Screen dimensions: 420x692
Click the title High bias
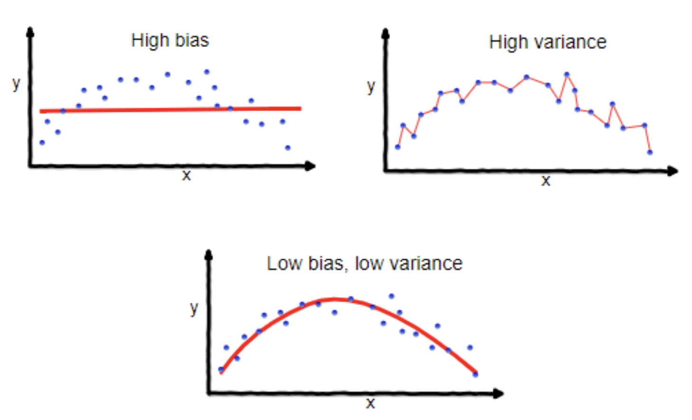tap(170, 40)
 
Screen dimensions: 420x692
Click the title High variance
tap(547, 42)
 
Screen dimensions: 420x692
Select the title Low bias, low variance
tap(364, 264)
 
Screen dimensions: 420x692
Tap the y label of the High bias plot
tap(17, 84)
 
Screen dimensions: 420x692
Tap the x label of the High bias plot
tap(187, 175)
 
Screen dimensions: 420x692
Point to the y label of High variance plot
tap(371, 86)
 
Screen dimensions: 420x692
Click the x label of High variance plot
tap(546, 181)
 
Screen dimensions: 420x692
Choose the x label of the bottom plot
tap(370, 403)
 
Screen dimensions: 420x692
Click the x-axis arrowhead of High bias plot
tap(310, 166)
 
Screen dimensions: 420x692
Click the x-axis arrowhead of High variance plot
tap(673, 171)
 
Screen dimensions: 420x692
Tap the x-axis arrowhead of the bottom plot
tap(498, 393)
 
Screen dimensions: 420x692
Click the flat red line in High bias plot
tap(171, 110)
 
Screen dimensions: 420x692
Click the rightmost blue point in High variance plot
tap(650, 153)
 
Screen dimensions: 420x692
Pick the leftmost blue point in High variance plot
tap(398, 147)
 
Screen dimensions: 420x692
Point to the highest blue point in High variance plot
tap(567, 74)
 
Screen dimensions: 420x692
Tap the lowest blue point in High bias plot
tap(288, 148)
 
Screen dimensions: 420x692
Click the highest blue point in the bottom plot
tap(392, 296)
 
